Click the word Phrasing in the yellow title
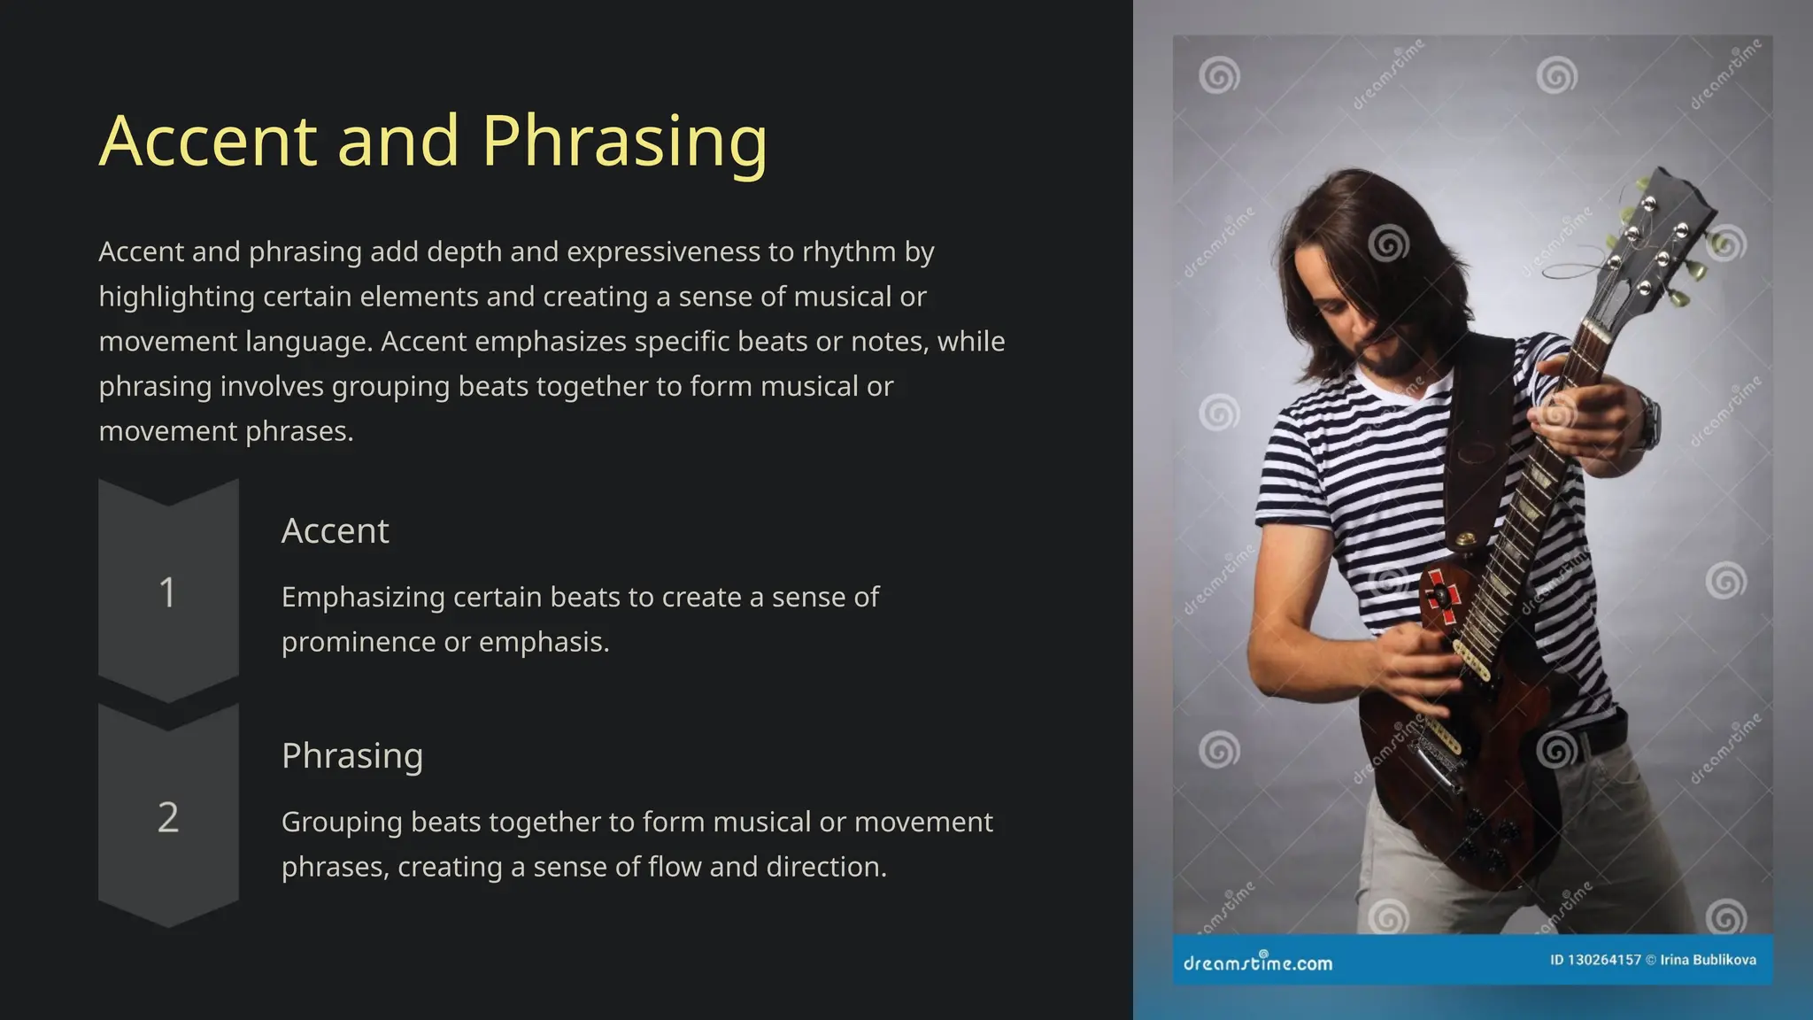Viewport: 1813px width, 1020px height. (624, 142)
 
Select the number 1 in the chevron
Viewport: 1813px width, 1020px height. (167, 592)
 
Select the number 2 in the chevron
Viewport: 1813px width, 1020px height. (167, 817)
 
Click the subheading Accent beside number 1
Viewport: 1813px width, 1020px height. (335, 531)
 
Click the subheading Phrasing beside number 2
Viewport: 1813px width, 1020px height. (351, 756)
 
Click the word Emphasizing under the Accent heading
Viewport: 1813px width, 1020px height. (363, 598)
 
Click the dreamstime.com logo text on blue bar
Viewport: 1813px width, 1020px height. (1257, 962)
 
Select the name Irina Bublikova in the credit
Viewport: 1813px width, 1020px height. (1708, 960)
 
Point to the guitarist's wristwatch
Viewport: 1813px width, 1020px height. (1648, 421)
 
